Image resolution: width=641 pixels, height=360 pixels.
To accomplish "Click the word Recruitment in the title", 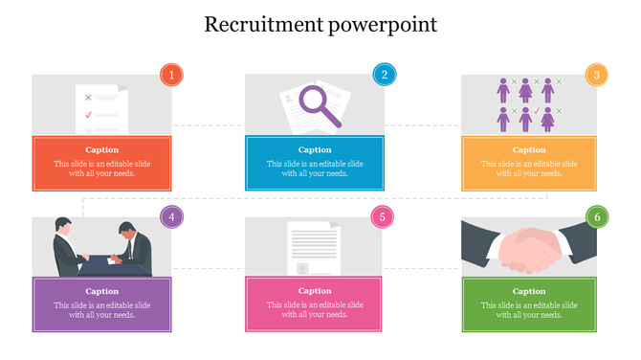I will click(x=263, y=24).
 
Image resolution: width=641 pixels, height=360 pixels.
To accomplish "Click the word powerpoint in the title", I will click(x=382, y=25).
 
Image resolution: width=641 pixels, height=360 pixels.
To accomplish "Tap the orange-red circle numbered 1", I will click(x=171, y=75).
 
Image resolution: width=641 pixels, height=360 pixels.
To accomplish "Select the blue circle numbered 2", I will click(x=384, y=75).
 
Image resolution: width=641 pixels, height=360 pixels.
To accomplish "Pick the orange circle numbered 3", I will click(x=596, y=75).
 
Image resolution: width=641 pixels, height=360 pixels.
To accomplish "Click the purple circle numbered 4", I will click(x=171, y=217).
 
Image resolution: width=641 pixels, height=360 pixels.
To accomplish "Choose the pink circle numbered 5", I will click(x=383, y=217).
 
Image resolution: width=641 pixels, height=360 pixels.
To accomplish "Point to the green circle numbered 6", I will click(x=597, y=217).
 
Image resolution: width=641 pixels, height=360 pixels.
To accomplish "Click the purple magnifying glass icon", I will click(x=319, y=104).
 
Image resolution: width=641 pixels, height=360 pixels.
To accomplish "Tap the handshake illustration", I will click(x=529, y=247).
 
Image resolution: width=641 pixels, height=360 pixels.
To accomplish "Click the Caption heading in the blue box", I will click(x=315, y=150).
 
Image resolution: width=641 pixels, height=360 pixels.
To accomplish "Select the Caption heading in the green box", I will click(x=529, y=292).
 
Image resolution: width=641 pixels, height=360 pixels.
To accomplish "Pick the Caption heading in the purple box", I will click(x=101, y=292).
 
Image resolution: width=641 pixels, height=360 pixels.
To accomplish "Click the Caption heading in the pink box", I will click(x=315, y=292).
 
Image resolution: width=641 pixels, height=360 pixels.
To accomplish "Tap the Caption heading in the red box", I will click(x=101, y=150).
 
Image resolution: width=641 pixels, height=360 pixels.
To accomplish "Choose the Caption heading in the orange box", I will click(x=529, y=150).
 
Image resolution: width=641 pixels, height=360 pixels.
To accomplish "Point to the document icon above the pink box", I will click(x=313, y=249).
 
